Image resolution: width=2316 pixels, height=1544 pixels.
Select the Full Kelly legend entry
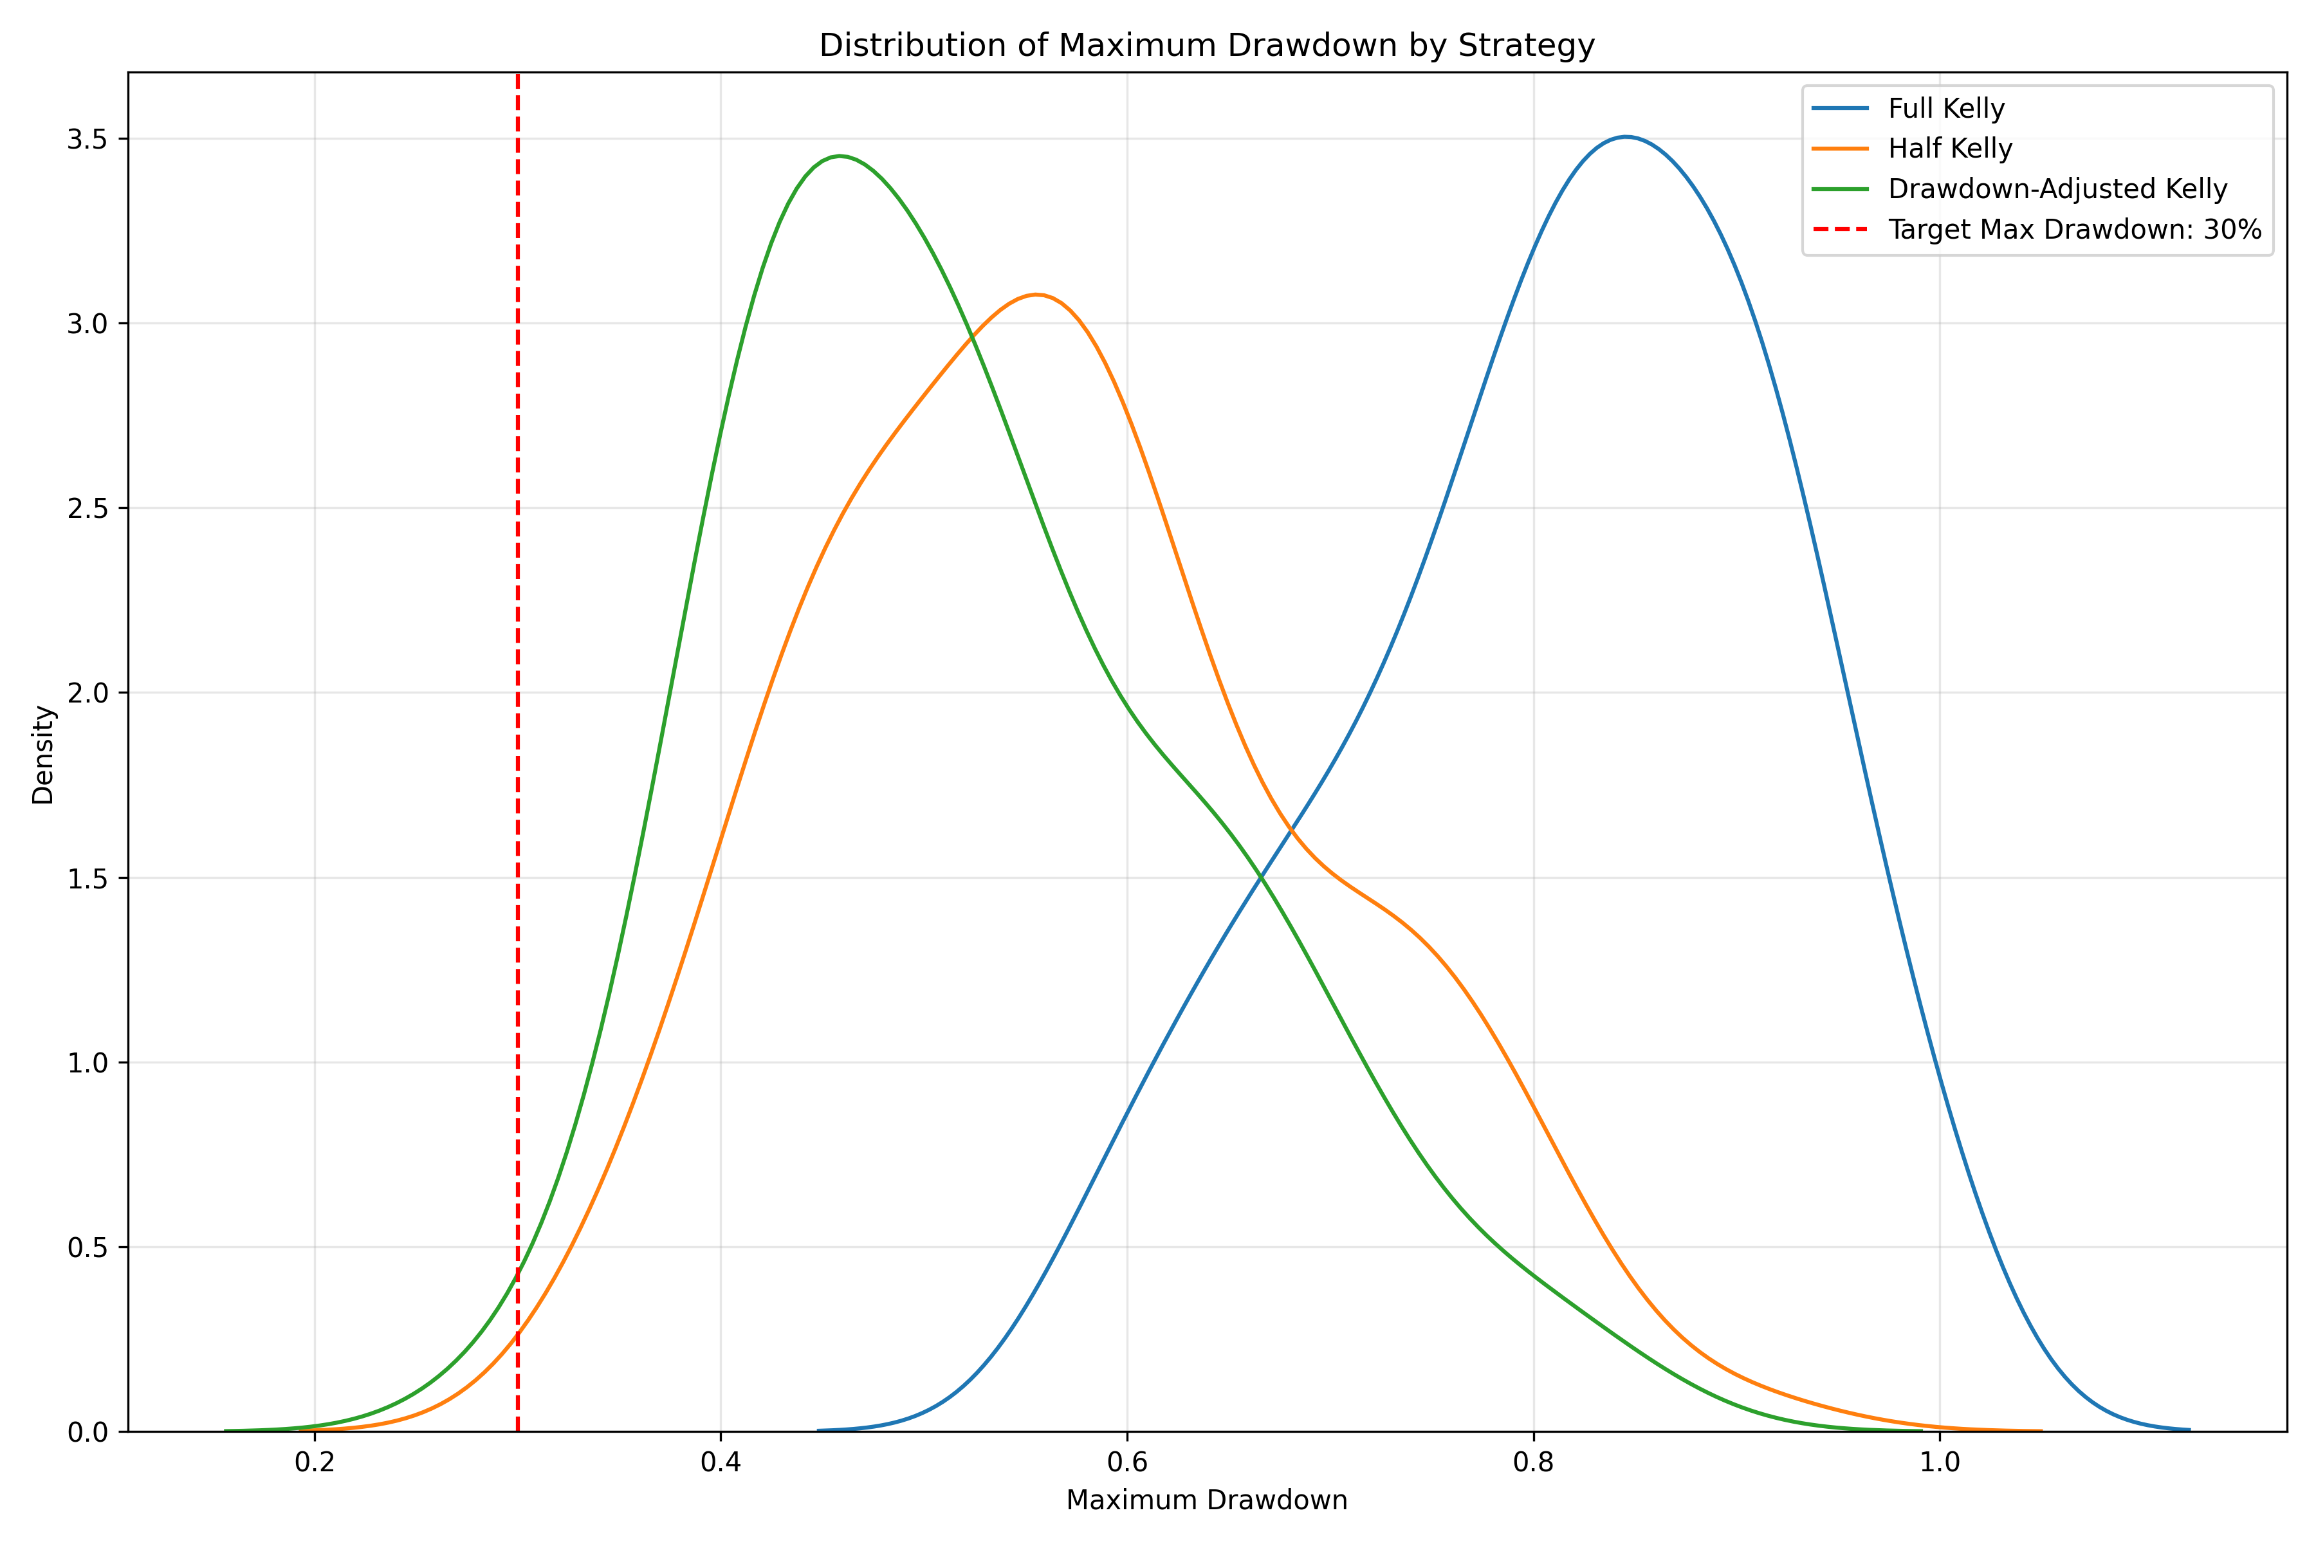click(1945, 108)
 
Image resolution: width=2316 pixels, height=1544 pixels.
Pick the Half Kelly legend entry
click(1950, 149)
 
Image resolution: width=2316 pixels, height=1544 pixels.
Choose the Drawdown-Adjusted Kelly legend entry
click(2057, 189)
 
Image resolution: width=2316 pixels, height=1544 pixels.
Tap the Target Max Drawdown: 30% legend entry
click(2073, 230)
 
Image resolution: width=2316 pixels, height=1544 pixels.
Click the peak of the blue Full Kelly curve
click(1626, 137)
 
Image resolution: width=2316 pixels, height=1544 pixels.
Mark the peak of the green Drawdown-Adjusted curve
click(839, 156)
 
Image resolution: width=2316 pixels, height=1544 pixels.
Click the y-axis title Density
click(43, 754)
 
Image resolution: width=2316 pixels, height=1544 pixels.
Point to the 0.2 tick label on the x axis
click(315, 1462)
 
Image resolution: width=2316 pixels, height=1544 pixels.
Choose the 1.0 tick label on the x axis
click(1939, 1462)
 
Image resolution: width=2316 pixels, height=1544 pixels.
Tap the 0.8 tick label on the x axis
click(1533, 1462)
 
